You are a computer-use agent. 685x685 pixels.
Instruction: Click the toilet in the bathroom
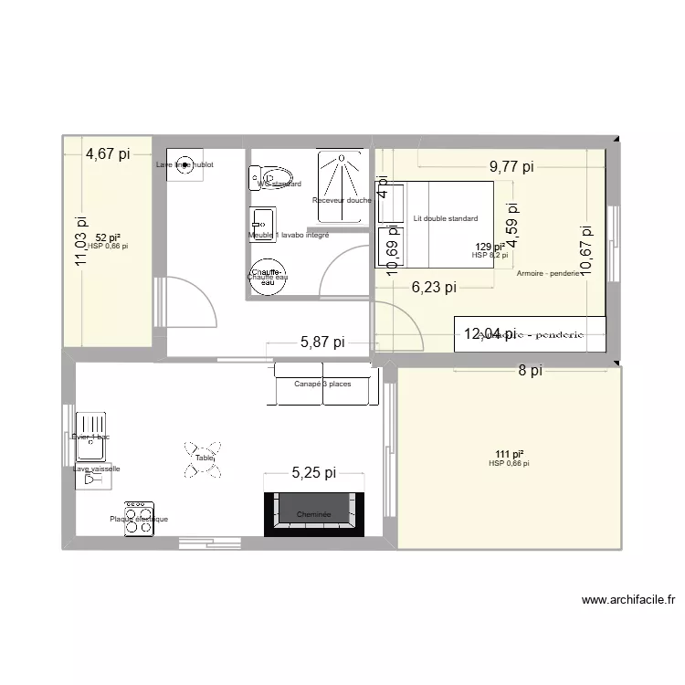pos(270,176)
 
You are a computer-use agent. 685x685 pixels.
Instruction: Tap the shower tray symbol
pos(342,186)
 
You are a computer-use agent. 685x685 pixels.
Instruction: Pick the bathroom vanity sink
pos(262,220)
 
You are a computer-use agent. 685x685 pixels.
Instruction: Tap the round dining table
pos(204,459)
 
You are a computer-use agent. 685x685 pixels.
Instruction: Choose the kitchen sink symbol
pos(91,428)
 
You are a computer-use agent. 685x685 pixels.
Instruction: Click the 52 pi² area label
pos(108,237)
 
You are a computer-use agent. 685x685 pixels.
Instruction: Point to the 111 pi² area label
pos(509,454)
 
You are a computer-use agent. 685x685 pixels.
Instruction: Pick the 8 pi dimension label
pos(531,371)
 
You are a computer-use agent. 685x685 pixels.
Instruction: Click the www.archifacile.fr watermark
pos(628,600)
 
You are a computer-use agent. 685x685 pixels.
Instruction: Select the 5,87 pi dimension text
pos(322,342)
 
